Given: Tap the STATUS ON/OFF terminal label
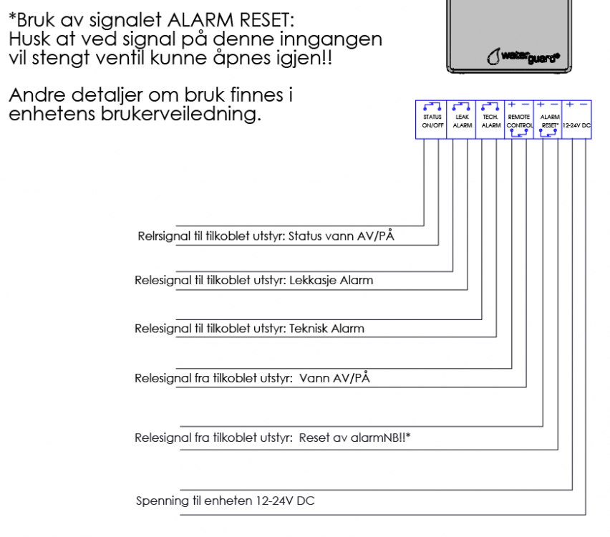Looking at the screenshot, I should point(432,120).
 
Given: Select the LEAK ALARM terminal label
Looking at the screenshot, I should point(462,120).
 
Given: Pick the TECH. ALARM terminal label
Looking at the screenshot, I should point(490,120).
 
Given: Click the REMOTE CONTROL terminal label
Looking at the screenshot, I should point(520,120).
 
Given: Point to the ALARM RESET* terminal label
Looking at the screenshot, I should point(549,120).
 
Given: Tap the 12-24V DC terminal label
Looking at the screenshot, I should point(576,125).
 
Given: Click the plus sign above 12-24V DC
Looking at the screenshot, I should point(570,105).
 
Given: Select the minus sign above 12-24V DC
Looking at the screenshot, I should point(584,105).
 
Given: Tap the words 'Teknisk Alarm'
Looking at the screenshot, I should point(326,329).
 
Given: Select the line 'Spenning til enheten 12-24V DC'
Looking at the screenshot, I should point(225,500).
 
